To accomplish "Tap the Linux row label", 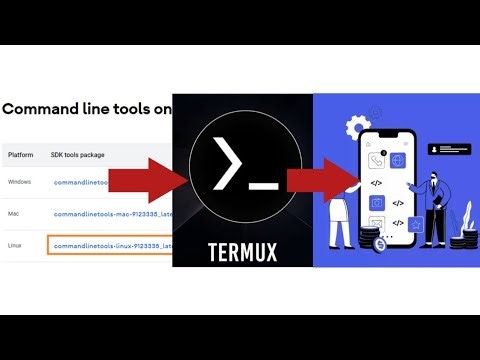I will coord(16,245).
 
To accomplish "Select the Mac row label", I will coord(15,214).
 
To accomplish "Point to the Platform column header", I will coord(21,156).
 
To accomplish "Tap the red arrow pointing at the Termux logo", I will coord(148,180).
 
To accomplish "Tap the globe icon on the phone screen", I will coord(397,160).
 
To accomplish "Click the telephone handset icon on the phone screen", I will coord(377,160).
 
